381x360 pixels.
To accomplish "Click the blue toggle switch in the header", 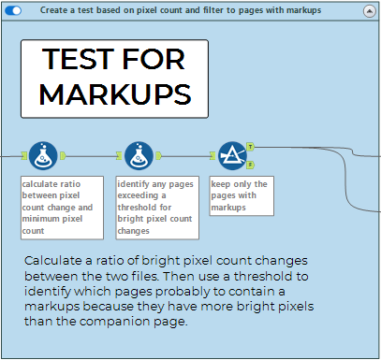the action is (13, 10).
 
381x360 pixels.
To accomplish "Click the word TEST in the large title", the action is (79, 59).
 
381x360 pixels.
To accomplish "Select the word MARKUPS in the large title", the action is (115, 94).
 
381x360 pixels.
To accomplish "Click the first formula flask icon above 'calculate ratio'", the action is (43, 156).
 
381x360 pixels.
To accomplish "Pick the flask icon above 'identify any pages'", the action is (139, 156).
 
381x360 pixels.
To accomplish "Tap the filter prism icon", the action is (232, 156).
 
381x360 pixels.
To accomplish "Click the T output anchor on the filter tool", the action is (250, 147).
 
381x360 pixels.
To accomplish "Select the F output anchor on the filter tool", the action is (250, 165).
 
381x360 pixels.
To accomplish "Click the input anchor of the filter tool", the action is (212, 155).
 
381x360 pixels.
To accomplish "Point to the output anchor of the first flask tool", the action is (63, 155).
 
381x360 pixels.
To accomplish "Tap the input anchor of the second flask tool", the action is (119, 155).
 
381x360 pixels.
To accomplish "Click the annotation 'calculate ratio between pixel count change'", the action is (62, 208).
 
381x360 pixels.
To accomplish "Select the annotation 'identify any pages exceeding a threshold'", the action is (157, 208).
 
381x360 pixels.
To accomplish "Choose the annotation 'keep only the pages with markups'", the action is (242, 196).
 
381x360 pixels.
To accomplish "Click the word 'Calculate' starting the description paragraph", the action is (53, 261).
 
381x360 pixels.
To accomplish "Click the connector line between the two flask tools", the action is (91, 156).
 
